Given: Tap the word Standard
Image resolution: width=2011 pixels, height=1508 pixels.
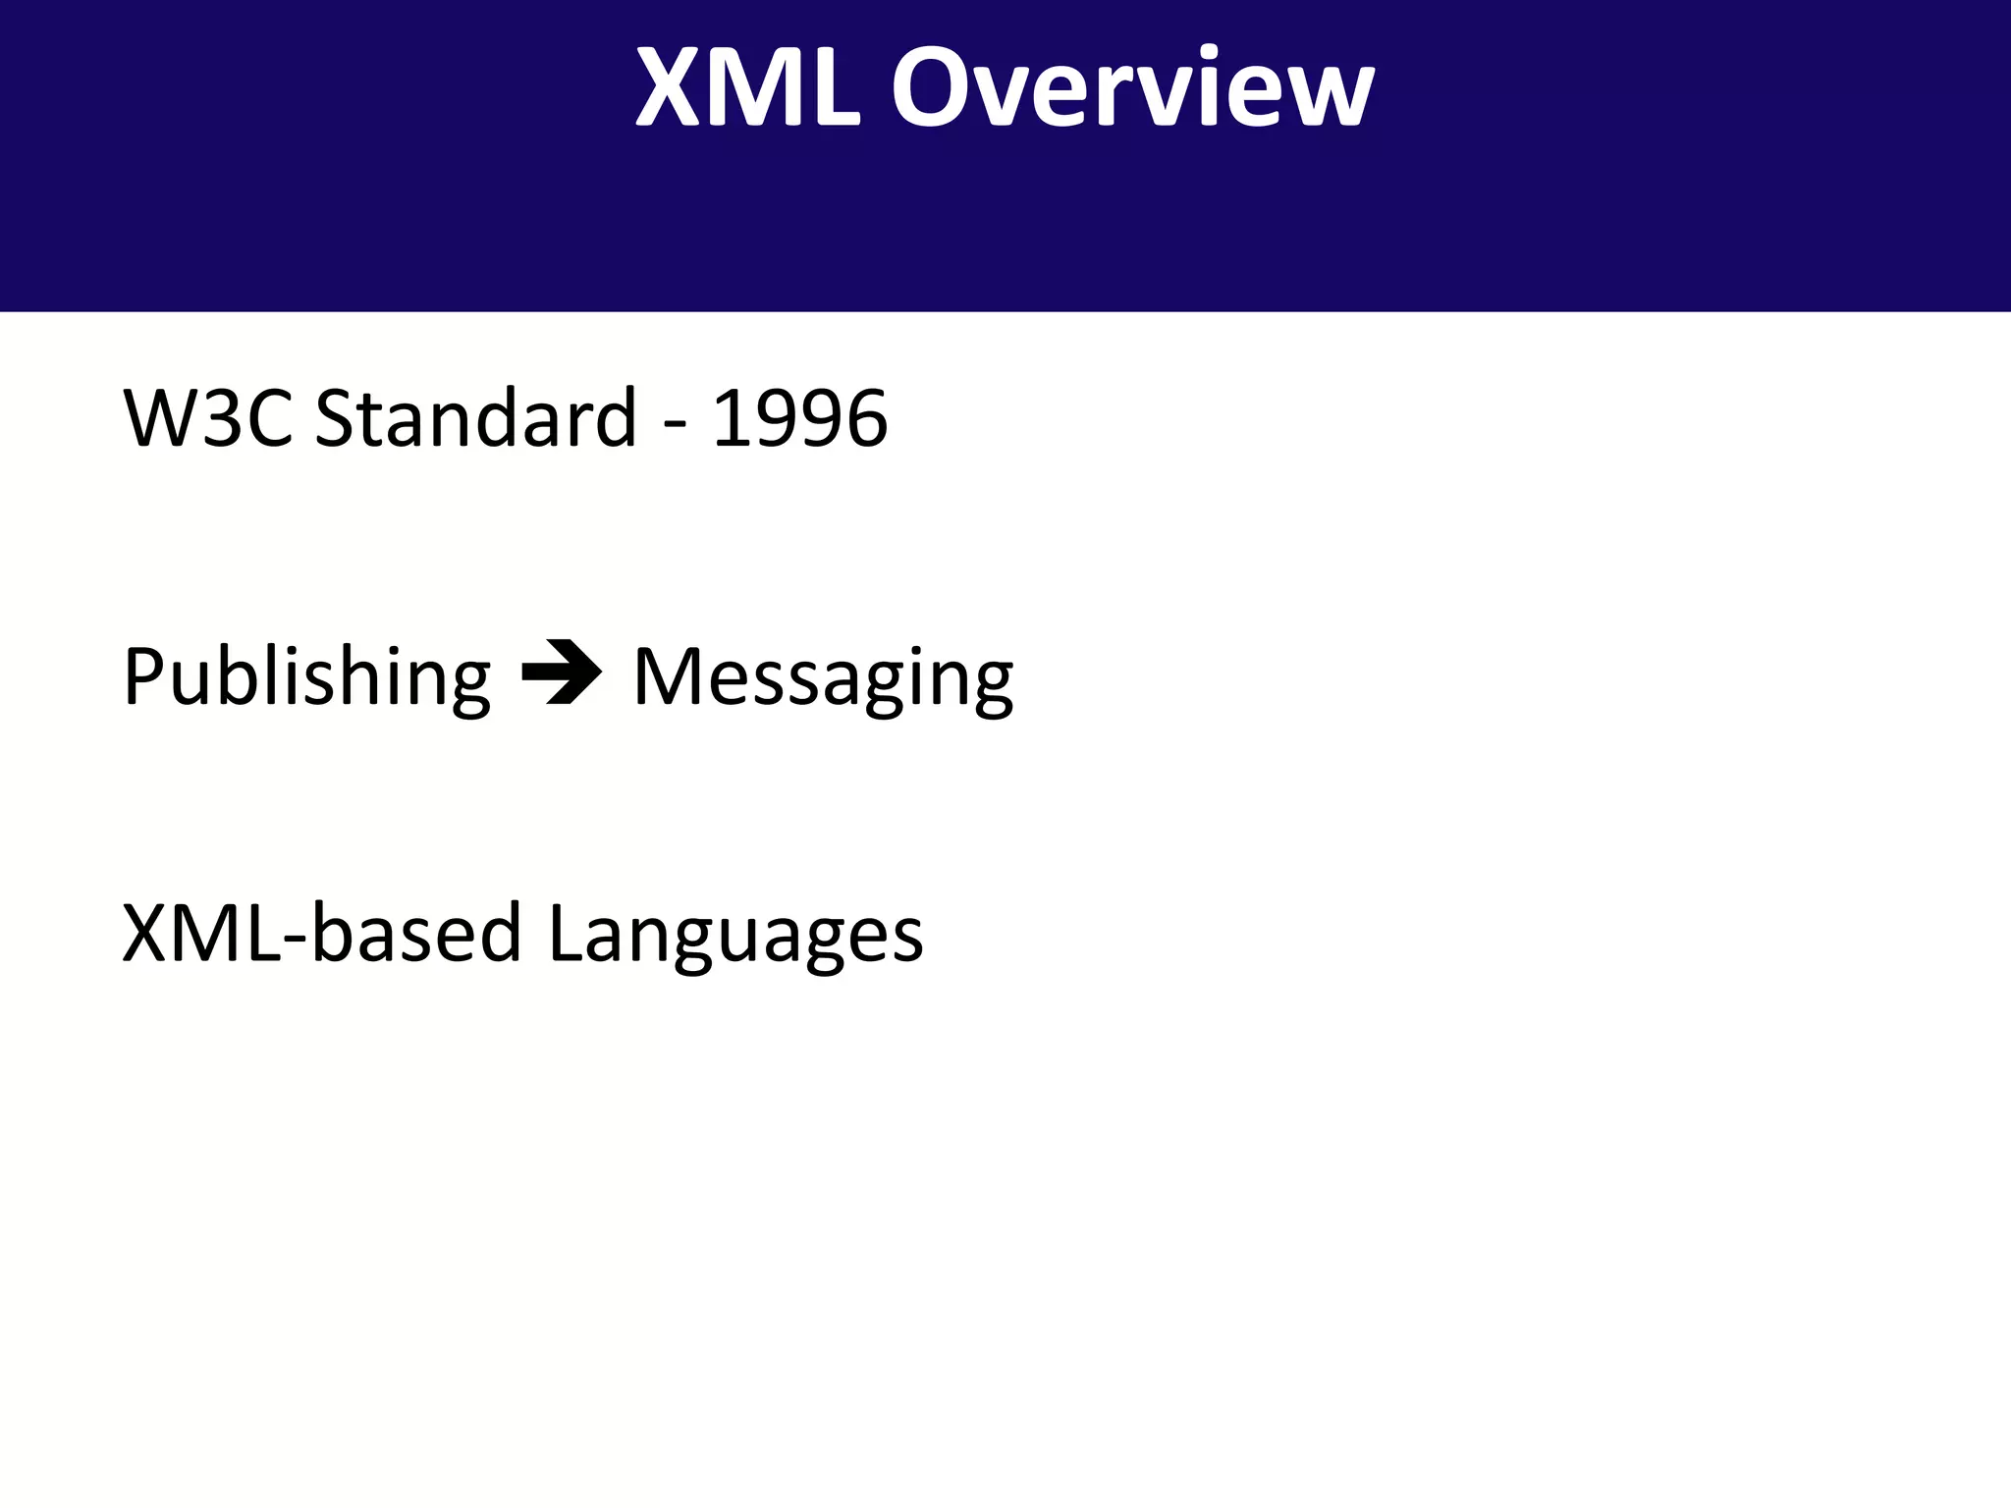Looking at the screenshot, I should coord(475,418).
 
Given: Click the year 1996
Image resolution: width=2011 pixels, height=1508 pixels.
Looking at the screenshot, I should coord(799,418).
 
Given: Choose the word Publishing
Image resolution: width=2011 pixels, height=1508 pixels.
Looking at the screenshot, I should coord(306,677).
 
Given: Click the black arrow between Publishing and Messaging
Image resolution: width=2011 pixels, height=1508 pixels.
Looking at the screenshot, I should coord(561,673).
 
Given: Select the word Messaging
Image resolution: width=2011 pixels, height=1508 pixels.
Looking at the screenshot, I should coord(823,677).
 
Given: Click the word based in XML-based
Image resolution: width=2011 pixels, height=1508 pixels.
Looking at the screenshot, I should coord(416,933).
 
